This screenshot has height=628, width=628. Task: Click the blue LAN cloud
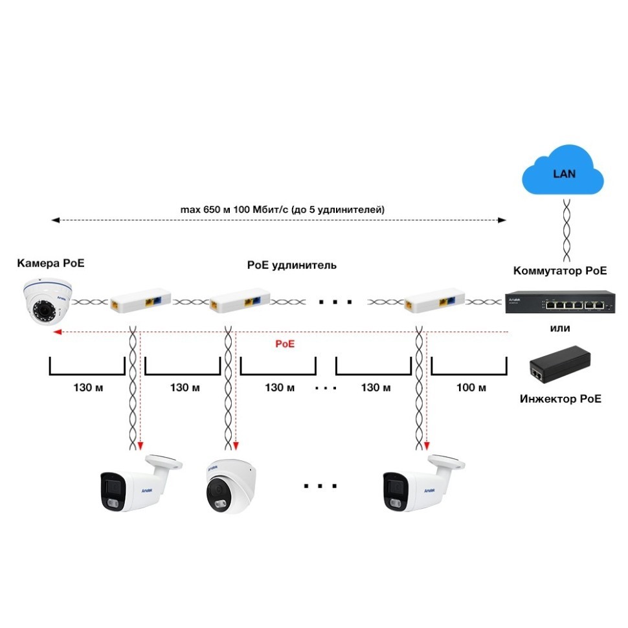pos(563,174)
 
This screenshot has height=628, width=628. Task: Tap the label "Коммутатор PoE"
pos(560,271)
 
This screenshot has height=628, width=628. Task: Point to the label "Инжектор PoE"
pos(560,398)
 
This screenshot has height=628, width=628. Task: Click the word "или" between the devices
pos(560,328)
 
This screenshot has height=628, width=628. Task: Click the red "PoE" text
pos(285,344)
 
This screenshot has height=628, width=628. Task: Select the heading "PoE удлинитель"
pos(291,265)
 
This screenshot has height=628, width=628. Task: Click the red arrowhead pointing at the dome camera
pos(57,332)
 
